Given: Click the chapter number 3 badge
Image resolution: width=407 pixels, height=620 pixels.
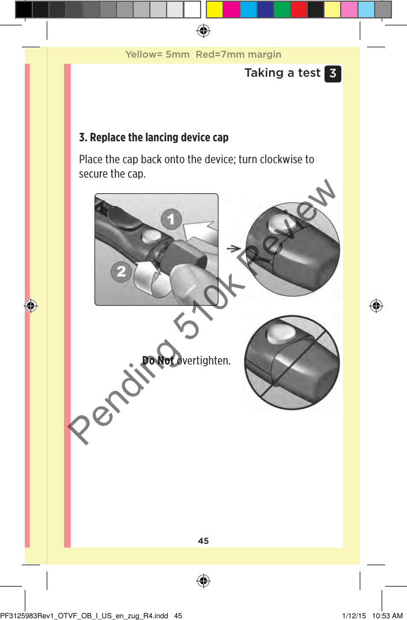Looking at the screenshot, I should (333, 74).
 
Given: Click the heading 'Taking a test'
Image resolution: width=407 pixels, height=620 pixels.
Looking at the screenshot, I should (282, 73).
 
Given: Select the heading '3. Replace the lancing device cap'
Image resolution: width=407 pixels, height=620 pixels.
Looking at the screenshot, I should (153, 138).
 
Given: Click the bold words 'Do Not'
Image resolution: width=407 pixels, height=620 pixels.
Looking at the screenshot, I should (158, 361).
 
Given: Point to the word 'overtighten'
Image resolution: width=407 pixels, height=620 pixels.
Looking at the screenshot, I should (203, 361).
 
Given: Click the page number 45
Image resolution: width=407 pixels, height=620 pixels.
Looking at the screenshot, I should (203, 541).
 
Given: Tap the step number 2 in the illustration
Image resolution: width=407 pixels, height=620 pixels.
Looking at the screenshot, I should (120, 271).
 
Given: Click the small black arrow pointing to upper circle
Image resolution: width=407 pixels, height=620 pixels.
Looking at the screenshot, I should (233, 248).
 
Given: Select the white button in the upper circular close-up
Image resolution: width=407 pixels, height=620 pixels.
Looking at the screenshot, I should (279, 227).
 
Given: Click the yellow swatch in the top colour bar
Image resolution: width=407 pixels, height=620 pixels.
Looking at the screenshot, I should (214, 9).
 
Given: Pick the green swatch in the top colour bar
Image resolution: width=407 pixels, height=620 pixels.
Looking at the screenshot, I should (282, 9).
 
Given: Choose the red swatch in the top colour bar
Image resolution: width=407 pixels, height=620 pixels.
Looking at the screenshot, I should (299, 9).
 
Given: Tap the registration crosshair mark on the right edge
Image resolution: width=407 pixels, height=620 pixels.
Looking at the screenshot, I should (376, 306).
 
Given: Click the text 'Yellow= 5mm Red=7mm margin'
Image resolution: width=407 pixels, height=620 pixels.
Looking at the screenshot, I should (203, 55).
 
